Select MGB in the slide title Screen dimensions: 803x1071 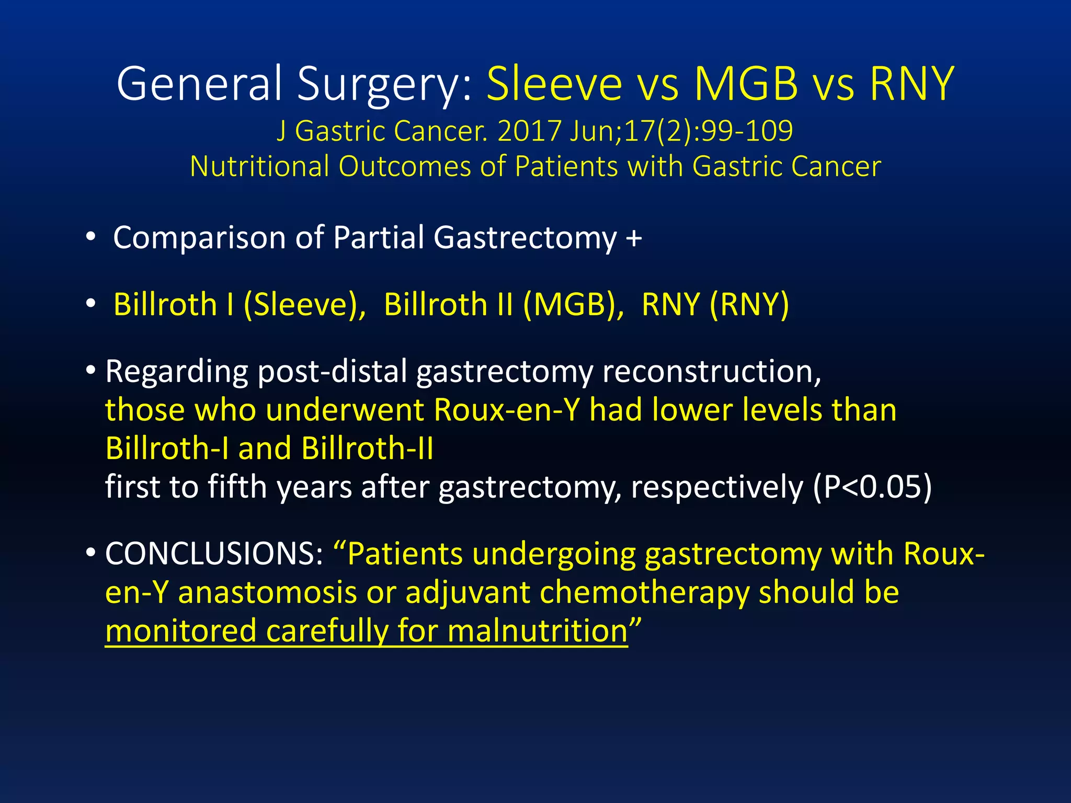point(746,84)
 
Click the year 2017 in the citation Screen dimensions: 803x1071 point(529,131)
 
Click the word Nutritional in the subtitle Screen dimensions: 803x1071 point(259,167)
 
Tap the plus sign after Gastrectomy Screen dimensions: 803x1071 point(634,238)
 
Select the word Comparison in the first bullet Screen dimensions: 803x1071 point(199,238)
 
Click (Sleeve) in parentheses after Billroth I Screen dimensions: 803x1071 point(305,304)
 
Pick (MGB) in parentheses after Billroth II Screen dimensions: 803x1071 point(573,304)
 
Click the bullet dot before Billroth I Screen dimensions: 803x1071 point(91,304)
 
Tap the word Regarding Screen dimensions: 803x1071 point(177,372)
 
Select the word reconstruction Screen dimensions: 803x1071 point(711,372)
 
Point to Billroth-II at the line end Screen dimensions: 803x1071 point(367,449)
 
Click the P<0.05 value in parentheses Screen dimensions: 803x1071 point(872,487)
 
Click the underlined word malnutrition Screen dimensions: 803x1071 point(537,632)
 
